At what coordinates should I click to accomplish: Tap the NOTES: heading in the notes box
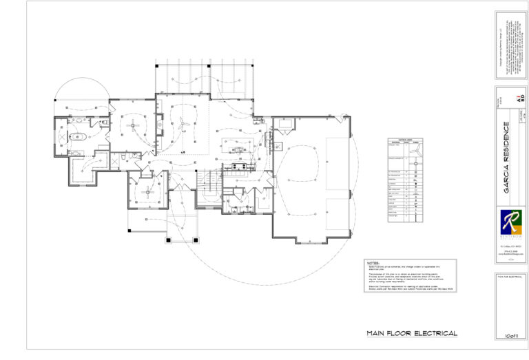coord(374,264)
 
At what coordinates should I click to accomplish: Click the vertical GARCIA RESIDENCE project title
coord(506,158)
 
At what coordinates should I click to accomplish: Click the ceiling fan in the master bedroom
coord(132,126)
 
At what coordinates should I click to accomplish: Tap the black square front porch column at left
coord(169,240)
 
